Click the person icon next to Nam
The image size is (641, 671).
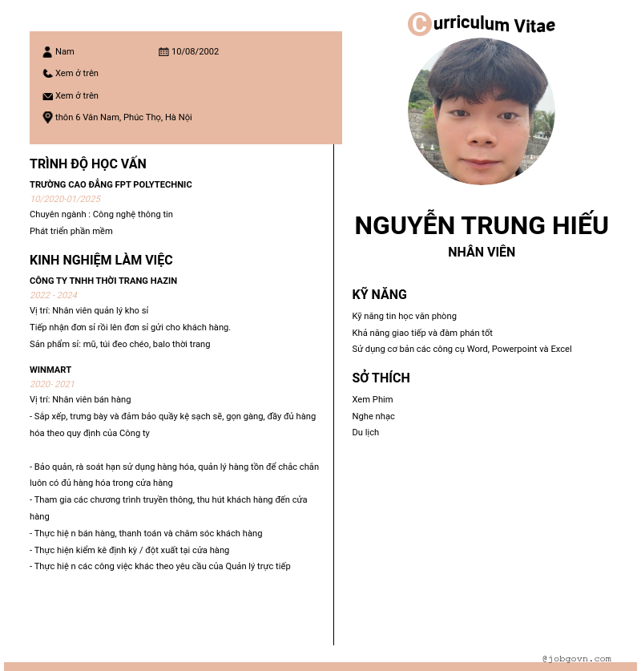point(47,52)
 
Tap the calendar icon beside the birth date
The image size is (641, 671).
point(163,52)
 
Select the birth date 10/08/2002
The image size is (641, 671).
point(195,52)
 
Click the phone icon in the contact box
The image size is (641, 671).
point(47,74)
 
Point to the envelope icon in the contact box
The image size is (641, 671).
point(47,96)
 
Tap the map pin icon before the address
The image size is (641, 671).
point(47,117)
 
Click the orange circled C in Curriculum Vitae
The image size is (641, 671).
point(419,24)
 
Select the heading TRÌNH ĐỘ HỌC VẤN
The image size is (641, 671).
point(88,164)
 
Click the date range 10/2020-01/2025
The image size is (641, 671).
point(65,199)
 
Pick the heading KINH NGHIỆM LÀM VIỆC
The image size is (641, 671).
point(101,260)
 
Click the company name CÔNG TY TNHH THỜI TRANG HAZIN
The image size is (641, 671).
point(103,281)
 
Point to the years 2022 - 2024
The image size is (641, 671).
point(54,295)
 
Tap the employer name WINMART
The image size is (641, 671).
point(50,370)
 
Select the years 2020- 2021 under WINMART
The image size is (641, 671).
point(52,384)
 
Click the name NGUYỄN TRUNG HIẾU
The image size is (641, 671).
point(482,225)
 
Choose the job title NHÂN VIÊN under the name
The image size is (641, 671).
point(482,252)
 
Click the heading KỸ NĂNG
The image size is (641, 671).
point(380,294)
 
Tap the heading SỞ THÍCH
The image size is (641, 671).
point(381,378)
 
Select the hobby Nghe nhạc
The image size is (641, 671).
point(373,416)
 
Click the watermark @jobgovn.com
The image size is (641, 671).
point(576,658)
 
